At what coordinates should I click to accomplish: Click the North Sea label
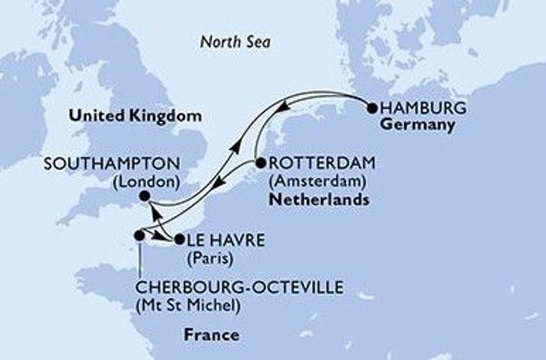point(235,43)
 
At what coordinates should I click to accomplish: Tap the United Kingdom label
point(136,117)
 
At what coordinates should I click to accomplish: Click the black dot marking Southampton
point(144,196)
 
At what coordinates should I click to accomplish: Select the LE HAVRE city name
point(220,241)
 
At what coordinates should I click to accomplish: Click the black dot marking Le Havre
point(178,241)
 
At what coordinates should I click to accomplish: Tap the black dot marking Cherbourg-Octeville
point(139,235)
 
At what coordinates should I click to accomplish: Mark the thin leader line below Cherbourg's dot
point(139,259)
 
